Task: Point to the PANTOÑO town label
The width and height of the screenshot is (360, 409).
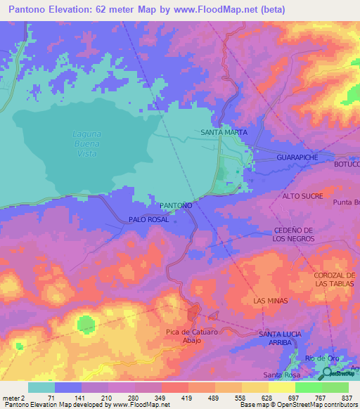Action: pyautogui.click(x=176, y=204)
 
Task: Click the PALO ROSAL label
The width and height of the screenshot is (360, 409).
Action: pyautogui.click(x=148, y=220)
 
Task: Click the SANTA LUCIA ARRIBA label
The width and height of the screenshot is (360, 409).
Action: pyautogui.click(x=281, y=337)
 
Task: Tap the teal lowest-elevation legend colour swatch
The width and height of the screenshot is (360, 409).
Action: pyautogui.click(x=41, y=387)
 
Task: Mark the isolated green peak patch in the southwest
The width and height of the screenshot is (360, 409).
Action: pyautogui.click(x=85, y=324)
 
